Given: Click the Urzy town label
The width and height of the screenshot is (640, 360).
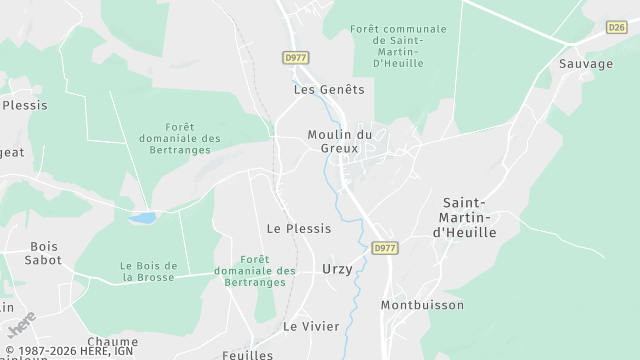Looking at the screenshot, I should coord(337,269).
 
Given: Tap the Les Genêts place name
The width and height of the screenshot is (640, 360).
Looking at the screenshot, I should coord(329,89).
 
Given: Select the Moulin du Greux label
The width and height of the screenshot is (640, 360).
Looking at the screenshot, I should coord(339,142).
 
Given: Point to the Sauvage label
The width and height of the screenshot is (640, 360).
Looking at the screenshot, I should coord(586,64).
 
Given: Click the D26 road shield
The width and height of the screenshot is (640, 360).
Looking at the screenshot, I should coord(617,28).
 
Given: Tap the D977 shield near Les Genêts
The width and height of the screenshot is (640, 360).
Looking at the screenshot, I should coord(295,58).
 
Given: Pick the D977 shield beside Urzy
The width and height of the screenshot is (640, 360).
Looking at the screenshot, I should coord(384,247).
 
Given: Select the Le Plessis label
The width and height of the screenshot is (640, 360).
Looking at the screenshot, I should coord(299,228).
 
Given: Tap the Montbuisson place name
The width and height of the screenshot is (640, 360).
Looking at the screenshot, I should coord(422,304).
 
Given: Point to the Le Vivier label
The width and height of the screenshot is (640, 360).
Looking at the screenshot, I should coord(311,326).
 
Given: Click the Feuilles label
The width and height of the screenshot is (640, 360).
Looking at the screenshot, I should coord(248,354).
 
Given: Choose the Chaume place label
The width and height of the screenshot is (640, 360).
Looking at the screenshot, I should coord(113,341).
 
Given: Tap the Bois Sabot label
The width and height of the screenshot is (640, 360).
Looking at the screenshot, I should coord(45,253).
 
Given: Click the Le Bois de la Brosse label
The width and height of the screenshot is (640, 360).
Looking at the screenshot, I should coord(148,271).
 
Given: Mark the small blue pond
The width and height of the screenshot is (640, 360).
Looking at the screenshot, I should coord(143,217).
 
